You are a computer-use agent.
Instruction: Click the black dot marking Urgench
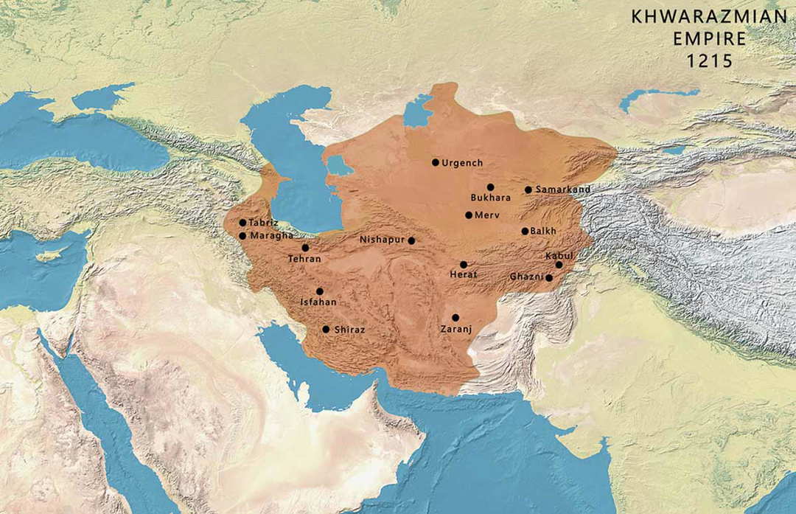point(436,162)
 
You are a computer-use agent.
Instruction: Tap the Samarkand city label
point(563,190)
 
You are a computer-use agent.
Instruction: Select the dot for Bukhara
point(490,187)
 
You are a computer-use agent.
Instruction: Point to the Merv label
point(486,215)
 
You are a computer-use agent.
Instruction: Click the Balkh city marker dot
point(525,231)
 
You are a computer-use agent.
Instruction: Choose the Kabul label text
point(559,255)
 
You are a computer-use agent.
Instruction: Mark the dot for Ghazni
point(549,278)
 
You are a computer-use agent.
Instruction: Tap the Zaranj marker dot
point(455,317)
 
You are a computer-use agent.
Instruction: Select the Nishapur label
point(382,240)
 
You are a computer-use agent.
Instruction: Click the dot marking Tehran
point(305,248)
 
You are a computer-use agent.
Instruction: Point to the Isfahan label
point(318,302)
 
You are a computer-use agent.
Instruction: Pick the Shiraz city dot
point(326,330)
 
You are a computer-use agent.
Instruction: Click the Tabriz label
point(263,223)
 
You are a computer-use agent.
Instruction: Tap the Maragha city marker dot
point(242,236)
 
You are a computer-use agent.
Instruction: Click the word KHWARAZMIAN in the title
point(709,17)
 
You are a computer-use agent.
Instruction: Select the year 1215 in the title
point(710,62)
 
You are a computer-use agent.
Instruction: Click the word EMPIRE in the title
point(710,39)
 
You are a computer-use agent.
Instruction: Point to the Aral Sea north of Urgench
point(418,112)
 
